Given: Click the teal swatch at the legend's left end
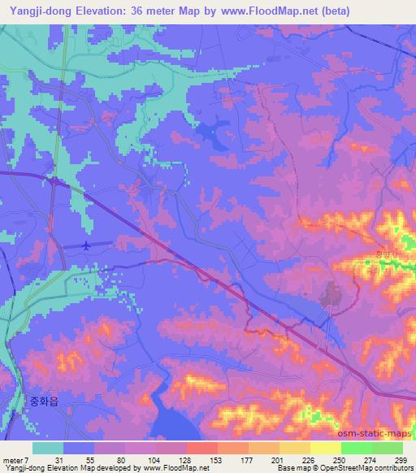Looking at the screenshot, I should [x=48, y=448].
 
